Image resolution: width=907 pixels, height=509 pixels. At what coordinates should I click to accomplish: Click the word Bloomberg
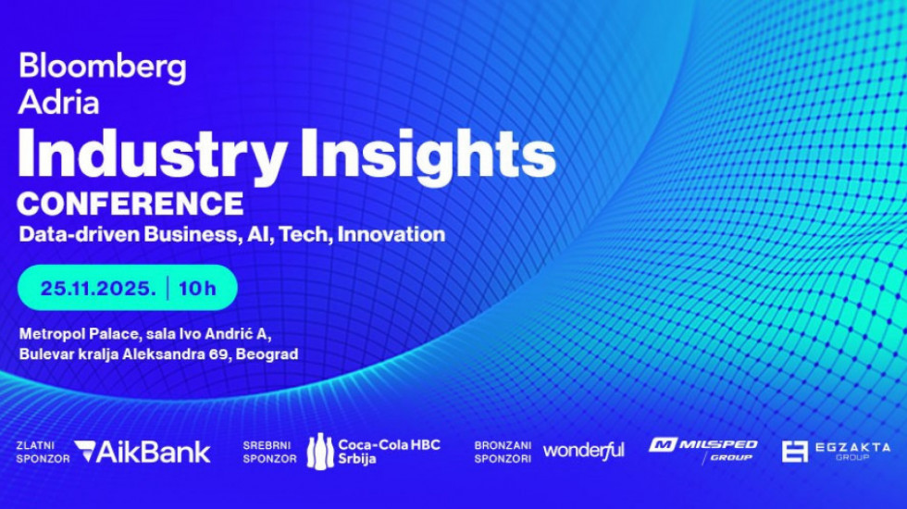pos(103,68)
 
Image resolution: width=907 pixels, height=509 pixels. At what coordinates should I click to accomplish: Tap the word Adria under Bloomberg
pos(58,102)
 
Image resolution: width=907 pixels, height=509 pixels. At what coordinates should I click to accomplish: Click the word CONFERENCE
pos(130,203)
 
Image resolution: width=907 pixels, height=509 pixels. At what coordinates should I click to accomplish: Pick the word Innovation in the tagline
pos(391,234)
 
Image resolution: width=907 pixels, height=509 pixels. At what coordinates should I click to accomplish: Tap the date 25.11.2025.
pos(98,288)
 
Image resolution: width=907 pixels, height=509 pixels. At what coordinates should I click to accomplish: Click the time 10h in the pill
pos(197,288)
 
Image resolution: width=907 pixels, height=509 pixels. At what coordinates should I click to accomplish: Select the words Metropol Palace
pos(80,334)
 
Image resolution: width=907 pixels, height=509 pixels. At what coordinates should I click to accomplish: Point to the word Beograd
pos(267,354)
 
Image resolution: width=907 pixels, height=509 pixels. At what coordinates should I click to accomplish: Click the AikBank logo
pos(143,452)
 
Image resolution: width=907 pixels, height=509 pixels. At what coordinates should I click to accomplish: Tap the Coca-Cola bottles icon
pos(320,452)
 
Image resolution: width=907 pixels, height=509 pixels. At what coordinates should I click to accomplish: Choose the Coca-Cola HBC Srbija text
pos(390,452)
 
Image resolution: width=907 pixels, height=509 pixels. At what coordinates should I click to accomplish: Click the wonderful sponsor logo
pos(584,451)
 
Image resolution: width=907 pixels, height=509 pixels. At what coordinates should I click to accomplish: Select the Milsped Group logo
pos(703,450)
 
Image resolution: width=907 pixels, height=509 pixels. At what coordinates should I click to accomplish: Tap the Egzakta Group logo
pos(836,452)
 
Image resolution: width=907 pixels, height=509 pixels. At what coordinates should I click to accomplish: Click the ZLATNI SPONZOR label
pos(43,453)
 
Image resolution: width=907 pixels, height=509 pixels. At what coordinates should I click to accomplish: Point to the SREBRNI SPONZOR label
pos(269,453)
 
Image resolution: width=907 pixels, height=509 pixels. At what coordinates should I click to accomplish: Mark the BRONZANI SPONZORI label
pos(503,453)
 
